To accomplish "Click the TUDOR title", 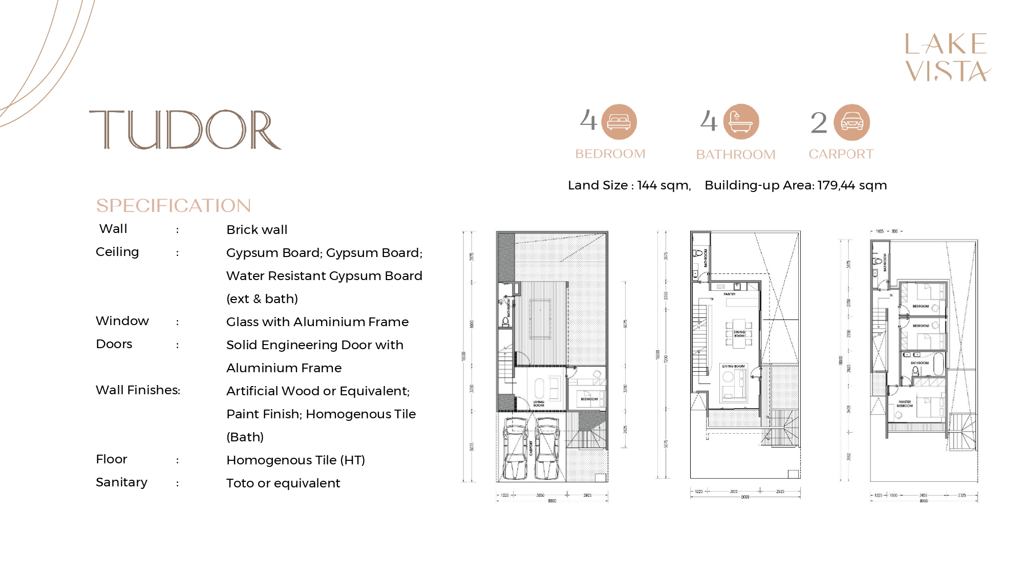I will tap(185, 130).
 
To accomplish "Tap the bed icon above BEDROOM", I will tap(618, 122).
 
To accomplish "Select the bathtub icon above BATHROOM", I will tap(741, 122).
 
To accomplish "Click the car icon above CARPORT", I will tap(851, 122).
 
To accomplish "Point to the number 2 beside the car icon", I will tap(819, 123).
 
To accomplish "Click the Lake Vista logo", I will tap(947, 57).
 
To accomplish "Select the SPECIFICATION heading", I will tap(174, 206).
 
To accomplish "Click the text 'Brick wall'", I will tap(257, 230).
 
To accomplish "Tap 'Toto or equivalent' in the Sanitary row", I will tap(283, 483).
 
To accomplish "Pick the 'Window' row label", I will tap(122, 321).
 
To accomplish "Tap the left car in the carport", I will tap(515, 449).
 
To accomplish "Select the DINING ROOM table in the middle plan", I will tap(739, 333).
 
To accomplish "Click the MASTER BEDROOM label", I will tap(905, 403).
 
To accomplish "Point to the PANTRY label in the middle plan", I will tap(730, 294).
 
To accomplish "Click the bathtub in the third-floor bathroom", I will tap(938, 364).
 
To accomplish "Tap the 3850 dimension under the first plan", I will tap(540, 495).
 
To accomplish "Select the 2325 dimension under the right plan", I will tap(962, 495).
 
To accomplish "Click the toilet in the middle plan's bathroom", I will tap(697, 253).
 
